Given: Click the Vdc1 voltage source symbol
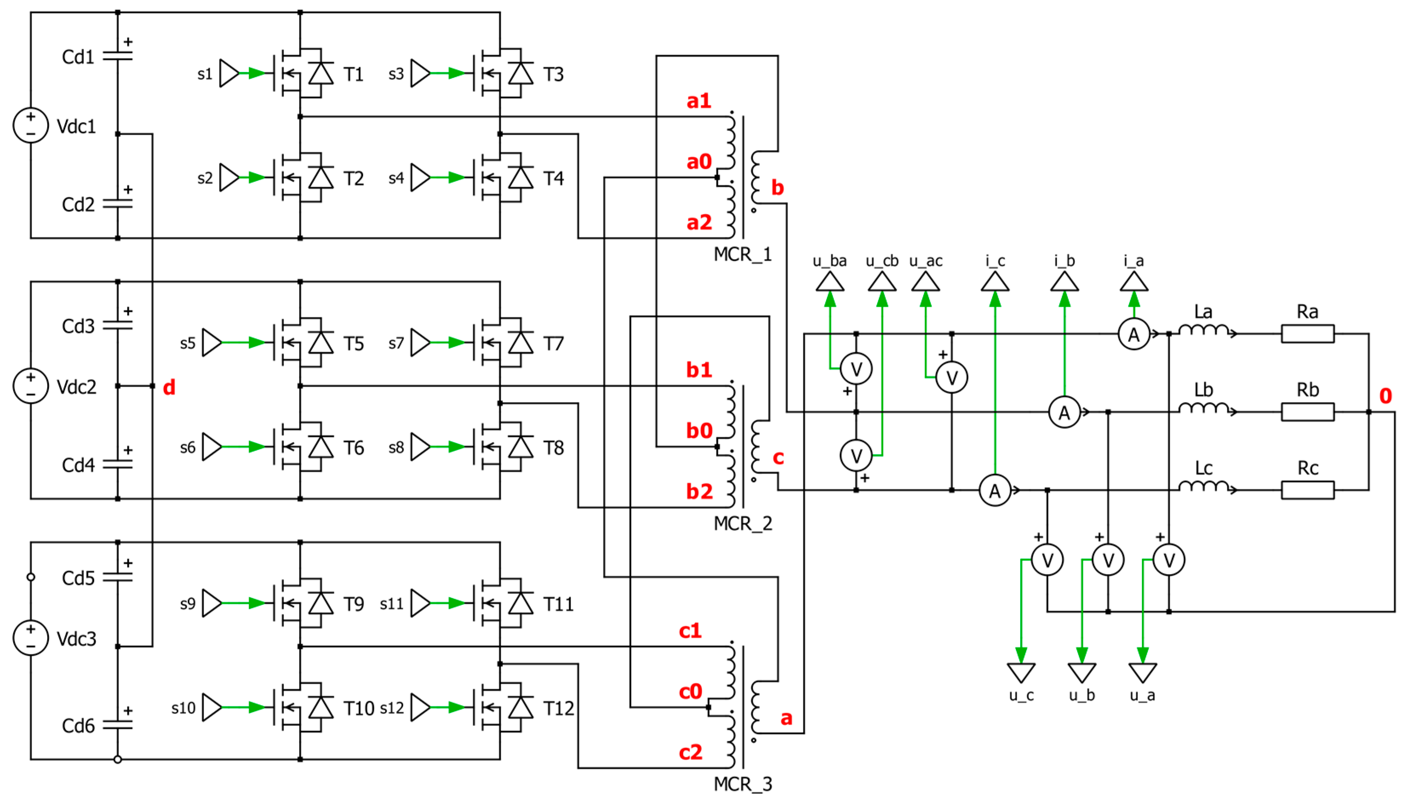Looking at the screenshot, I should (30, 125).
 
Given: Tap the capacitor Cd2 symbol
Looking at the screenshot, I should (117, 204).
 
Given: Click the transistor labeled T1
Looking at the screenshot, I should (300, 73).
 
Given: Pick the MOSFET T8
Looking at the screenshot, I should (500, 447).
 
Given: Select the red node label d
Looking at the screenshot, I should (169, 388).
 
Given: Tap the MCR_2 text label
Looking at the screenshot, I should (743, 523).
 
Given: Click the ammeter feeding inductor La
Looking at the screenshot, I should (1133, 334).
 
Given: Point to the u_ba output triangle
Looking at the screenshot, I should (829, 282).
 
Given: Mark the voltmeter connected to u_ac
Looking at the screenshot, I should (951, 377).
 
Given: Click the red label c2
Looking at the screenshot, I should (690, 752).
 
